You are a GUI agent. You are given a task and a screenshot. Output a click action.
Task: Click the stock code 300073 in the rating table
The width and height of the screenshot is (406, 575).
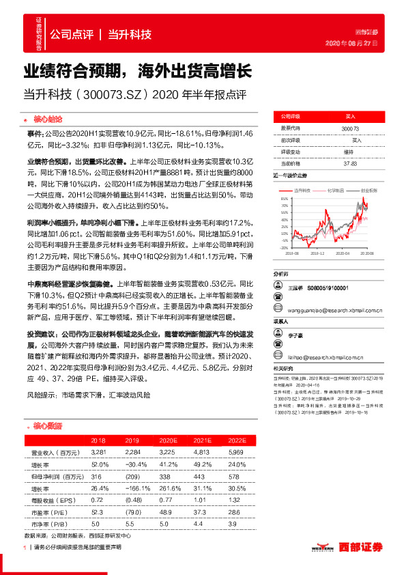[x=349, y=128]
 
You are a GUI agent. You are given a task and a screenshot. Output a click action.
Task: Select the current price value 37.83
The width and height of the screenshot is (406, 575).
[x=349, y=163]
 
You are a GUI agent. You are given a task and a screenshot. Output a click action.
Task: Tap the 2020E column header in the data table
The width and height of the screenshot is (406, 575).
[x=166, y=441]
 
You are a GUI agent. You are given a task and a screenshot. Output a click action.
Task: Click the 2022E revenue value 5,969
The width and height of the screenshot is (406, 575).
[x=235, y=452]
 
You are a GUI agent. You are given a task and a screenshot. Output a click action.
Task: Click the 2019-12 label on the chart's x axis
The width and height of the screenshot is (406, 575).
[x=317, y=253]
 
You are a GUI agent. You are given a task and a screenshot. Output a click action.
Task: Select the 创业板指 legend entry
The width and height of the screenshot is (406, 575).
[x=361, y=191]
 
